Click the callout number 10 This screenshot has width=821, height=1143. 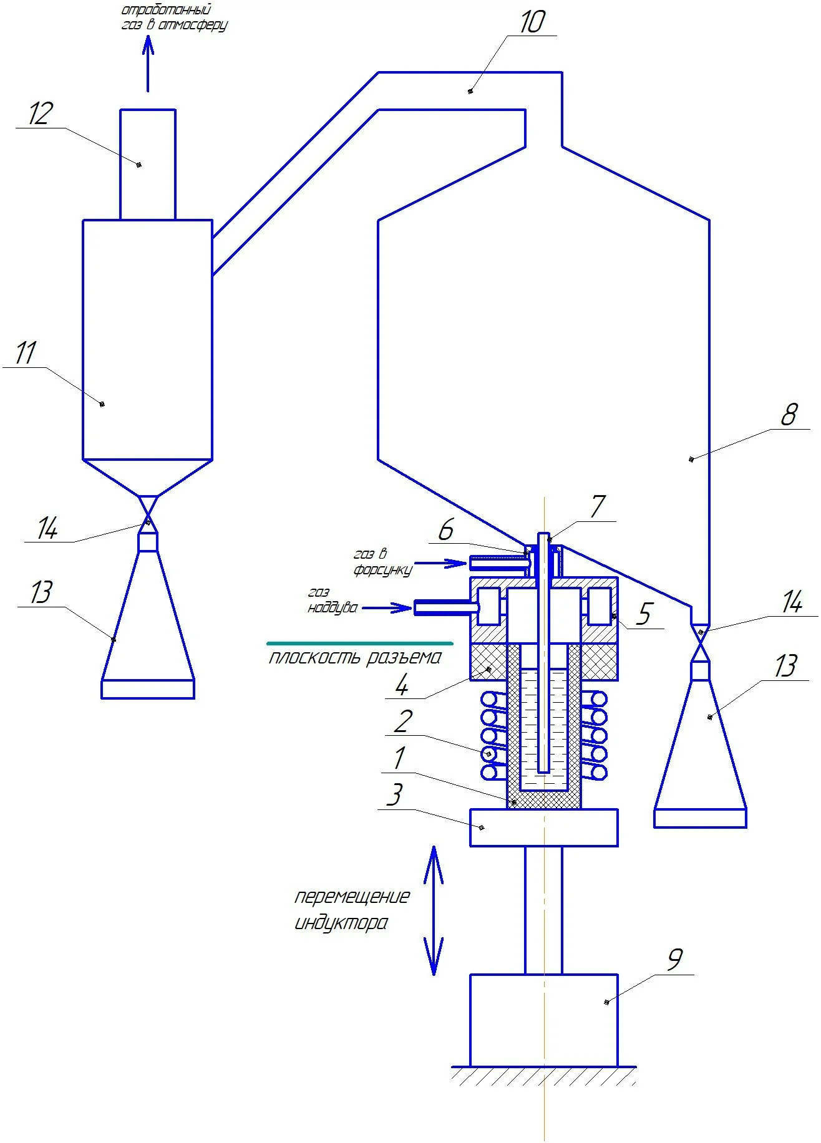(533, 22)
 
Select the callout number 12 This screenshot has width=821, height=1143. (41, 114)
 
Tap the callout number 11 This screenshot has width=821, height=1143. (26, 353)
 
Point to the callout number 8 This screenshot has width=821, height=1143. (789, 415)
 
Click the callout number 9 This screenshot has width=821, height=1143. (675, 959)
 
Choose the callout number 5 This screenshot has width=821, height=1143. (644, 614)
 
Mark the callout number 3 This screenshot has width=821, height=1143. (395, 795)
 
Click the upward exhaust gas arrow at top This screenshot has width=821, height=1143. (148, 64)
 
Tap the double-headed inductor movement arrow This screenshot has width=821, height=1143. (434, 910)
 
